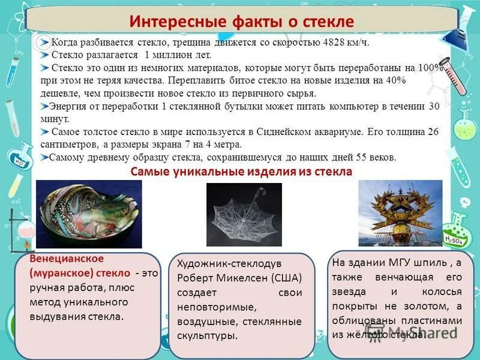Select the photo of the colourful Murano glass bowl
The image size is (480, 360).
click(x=89, y=214)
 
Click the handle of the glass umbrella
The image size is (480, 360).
click(x=260, y=193)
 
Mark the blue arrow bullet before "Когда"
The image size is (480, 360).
click(x=45, y=42)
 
